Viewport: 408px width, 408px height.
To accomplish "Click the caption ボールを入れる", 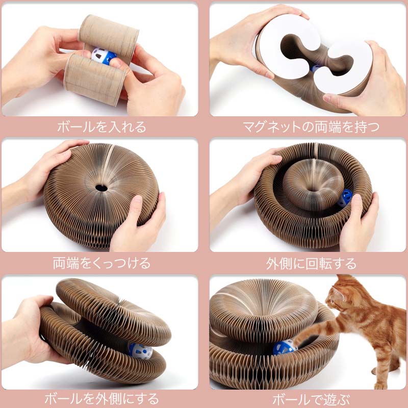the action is pos(101,127).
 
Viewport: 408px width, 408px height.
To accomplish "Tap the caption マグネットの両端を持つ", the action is pos(311,127).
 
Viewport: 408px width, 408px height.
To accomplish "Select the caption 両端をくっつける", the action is pos(101,263).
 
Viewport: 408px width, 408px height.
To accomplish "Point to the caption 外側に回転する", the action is pos(311,264).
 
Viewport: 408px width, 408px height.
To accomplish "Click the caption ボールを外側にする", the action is pos(101,399).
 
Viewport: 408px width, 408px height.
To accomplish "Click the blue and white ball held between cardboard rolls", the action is pos(104,56).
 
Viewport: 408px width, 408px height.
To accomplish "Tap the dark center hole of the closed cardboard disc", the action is pos(101,188).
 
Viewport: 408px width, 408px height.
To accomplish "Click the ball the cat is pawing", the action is pos(284,347).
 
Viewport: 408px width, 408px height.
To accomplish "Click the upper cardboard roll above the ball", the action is pos(108,36).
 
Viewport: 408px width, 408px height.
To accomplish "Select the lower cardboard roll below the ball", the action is pos(95,80).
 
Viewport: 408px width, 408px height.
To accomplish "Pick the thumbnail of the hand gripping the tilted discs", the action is pos(99,333).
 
